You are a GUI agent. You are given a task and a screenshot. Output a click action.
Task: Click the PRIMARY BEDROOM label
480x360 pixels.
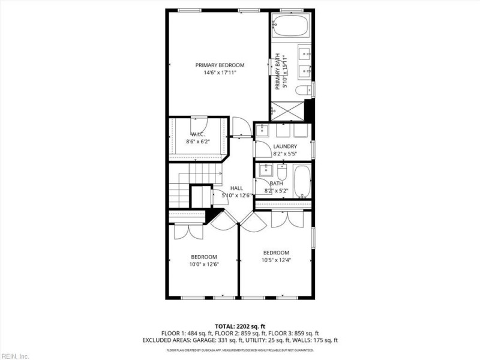point(220,65)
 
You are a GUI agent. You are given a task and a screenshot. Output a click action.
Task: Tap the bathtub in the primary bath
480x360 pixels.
point(290,26)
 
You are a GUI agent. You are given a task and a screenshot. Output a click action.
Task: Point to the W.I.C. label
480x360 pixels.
point(198,134)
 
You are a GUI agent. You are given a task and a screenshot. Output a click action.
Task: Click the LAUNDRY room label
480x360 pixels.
point(285,146)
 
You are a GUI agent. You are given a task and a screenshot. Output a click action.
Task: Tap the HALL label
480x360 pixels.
point(236,188)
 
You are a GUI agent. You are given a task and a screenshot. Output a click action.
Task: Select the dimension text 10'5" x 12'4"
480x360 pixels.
point(276,260)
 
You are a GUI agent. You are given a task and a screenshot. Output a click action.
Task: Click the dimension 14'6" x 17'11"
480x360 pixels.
point(220,73)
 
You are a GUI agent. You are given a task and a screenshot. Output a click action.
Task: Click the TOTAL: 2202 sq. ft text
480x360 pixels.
point(240,326)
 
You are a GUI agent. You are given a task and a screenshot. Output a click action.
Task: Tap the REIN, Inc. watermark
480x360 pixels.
point(15,356)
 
